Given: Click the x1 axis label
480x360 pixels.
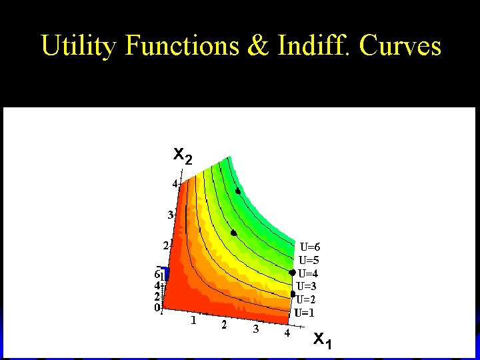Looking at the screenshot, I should [x=323, y=341].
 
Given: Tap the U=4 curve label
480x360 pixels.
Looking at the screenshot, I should [x=309, y=273].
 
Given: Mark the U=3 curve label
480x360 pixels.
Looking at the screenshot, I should [x=307, y=287].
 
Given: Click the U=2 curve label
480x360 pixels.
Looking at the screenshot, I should [x=307, y=299].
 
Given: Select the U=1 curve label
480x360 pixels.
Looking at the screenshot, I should [x=305, y=312].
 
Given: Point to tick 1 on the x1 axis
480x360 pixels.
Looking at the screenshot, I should [x=193, y=321].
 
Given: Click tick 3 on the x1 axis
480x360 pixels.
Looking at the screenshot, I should [x=255, y=329].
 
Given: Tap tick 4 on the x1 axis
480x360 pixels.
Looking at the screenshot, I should [x=287, y=333].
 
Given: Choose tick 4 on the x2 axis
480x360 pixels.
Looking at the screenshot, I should [x=175, y=183].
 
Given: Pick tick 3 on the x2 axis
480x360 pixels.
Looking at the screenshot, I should [x=170, y=215].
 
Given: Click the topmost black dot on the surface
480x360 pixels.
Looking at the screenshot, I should [x=238, y=191].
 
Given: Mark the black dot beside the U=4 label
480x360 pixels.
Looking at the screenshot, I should [x=292, y=273].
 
